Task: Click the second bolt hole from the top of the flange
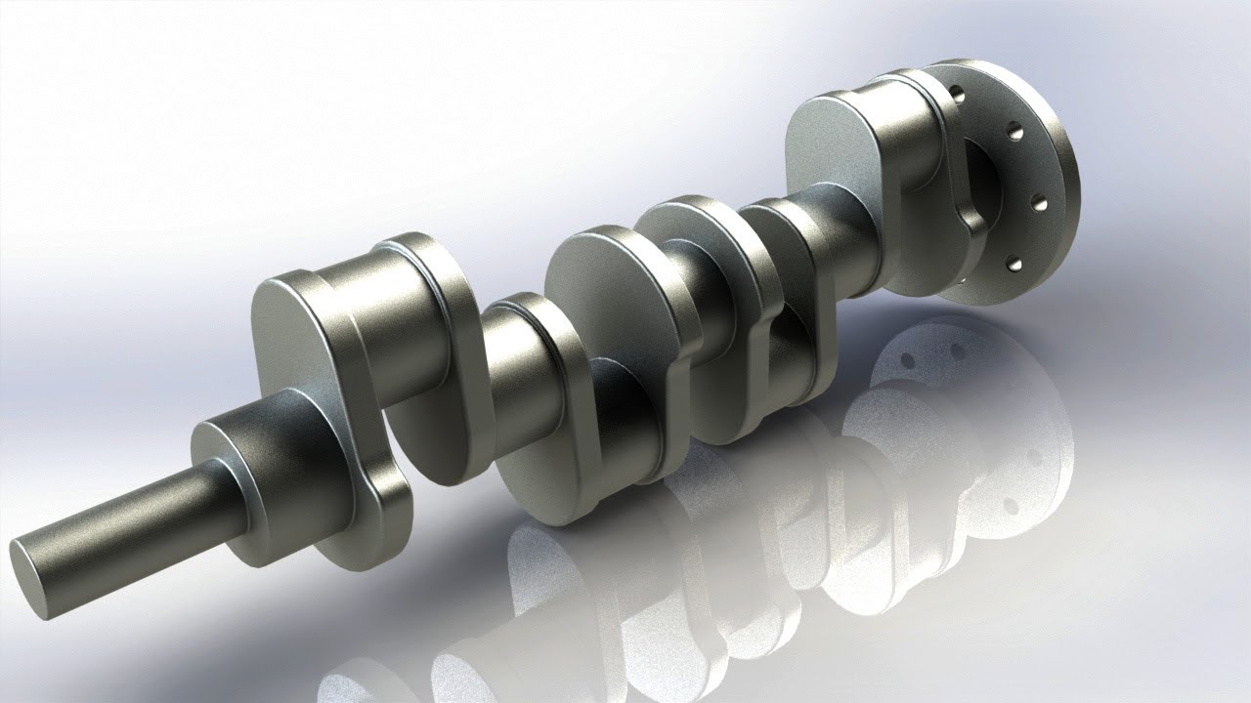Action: pos(1016,132)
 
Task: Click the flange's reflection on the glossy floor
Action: pos(938,391)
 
